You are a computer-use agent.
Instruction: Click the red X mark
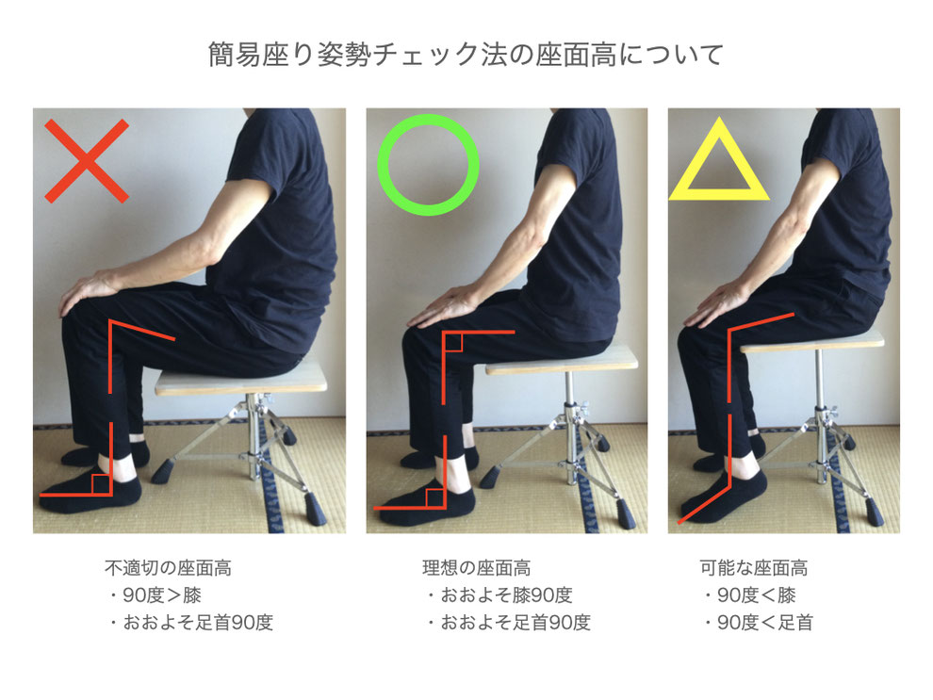pos(87,161)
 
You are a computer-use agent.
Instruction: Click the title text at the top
pos(466,55)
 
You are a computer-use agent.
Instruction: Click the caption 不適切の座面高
pos(168,568)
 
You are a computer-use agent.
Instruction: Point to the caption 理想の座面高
pos(476,568)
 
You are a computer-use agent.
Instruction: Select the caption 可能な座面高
pos(753,568)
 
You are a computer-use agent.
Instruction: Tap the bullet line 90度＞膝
pos(156,595)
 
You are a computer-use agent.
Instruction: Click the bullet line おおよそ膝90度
pos(500,595)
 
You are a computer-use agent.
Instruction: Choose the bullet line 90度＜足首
pos(760,623)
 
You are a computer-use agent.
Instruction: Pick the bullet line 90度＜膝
pos(750,595)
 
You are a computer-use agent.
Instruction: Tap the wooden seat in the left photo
pos(241,382)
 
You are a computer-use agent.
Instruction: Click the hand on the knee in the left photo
pos(90,291)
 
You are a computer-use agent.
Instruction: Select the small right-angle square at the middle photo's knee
pos(453,342)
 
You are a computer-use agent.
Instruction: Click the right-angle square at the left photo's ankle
pos(101,483)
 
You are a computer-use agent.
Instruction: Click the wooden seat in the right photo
pos(812,342)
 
